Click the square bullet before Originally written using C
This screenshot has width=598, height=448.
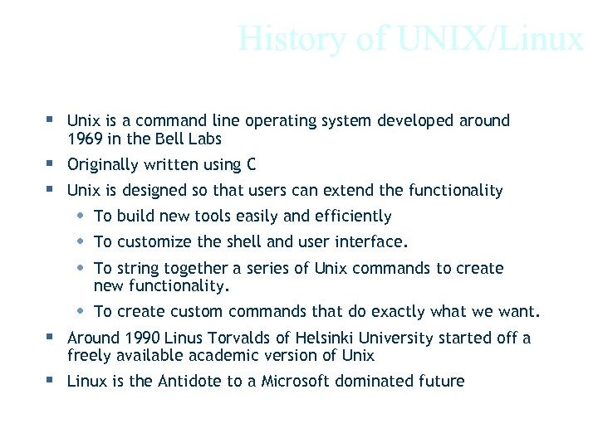(x=51, y=163)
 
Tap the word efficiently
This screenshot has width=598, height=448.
(x=352, y=217)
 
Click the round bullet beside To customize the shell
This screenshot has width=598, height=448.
(x=79, y=241)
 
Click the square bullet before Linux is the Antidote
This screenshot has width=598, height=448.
(x=51, y=380)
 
